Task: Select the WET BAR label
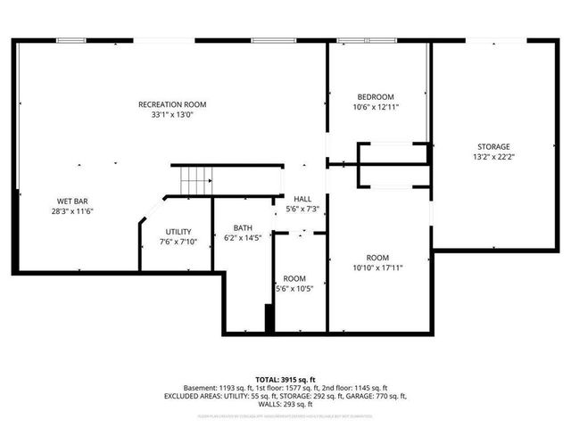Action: coord(72,201)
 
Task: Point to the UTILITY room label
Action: coord(178,232)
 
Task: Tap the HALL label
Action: coord(302,199)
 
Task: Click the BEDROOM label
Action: coord(376,96)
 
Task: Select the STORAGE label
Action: coord(492,146)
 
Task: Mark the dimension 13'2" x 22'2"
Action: coord(492,156)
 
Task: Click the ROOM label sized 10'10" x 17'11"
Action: coord(378,258)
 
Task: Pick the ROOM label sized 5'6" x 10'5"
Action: coord(294,277)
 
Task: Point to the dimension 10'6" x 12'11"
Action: coord(376,106)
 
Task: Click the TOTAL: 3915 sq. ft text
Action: coord(285,380)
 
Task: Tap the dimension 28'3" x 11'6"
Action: coord(72,210)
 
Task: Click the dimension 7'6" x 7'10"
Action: coord(178,242)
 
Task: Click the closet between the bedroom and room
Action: coord(393,165)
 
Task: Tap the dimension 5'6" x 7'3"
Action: coord(302,209)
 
